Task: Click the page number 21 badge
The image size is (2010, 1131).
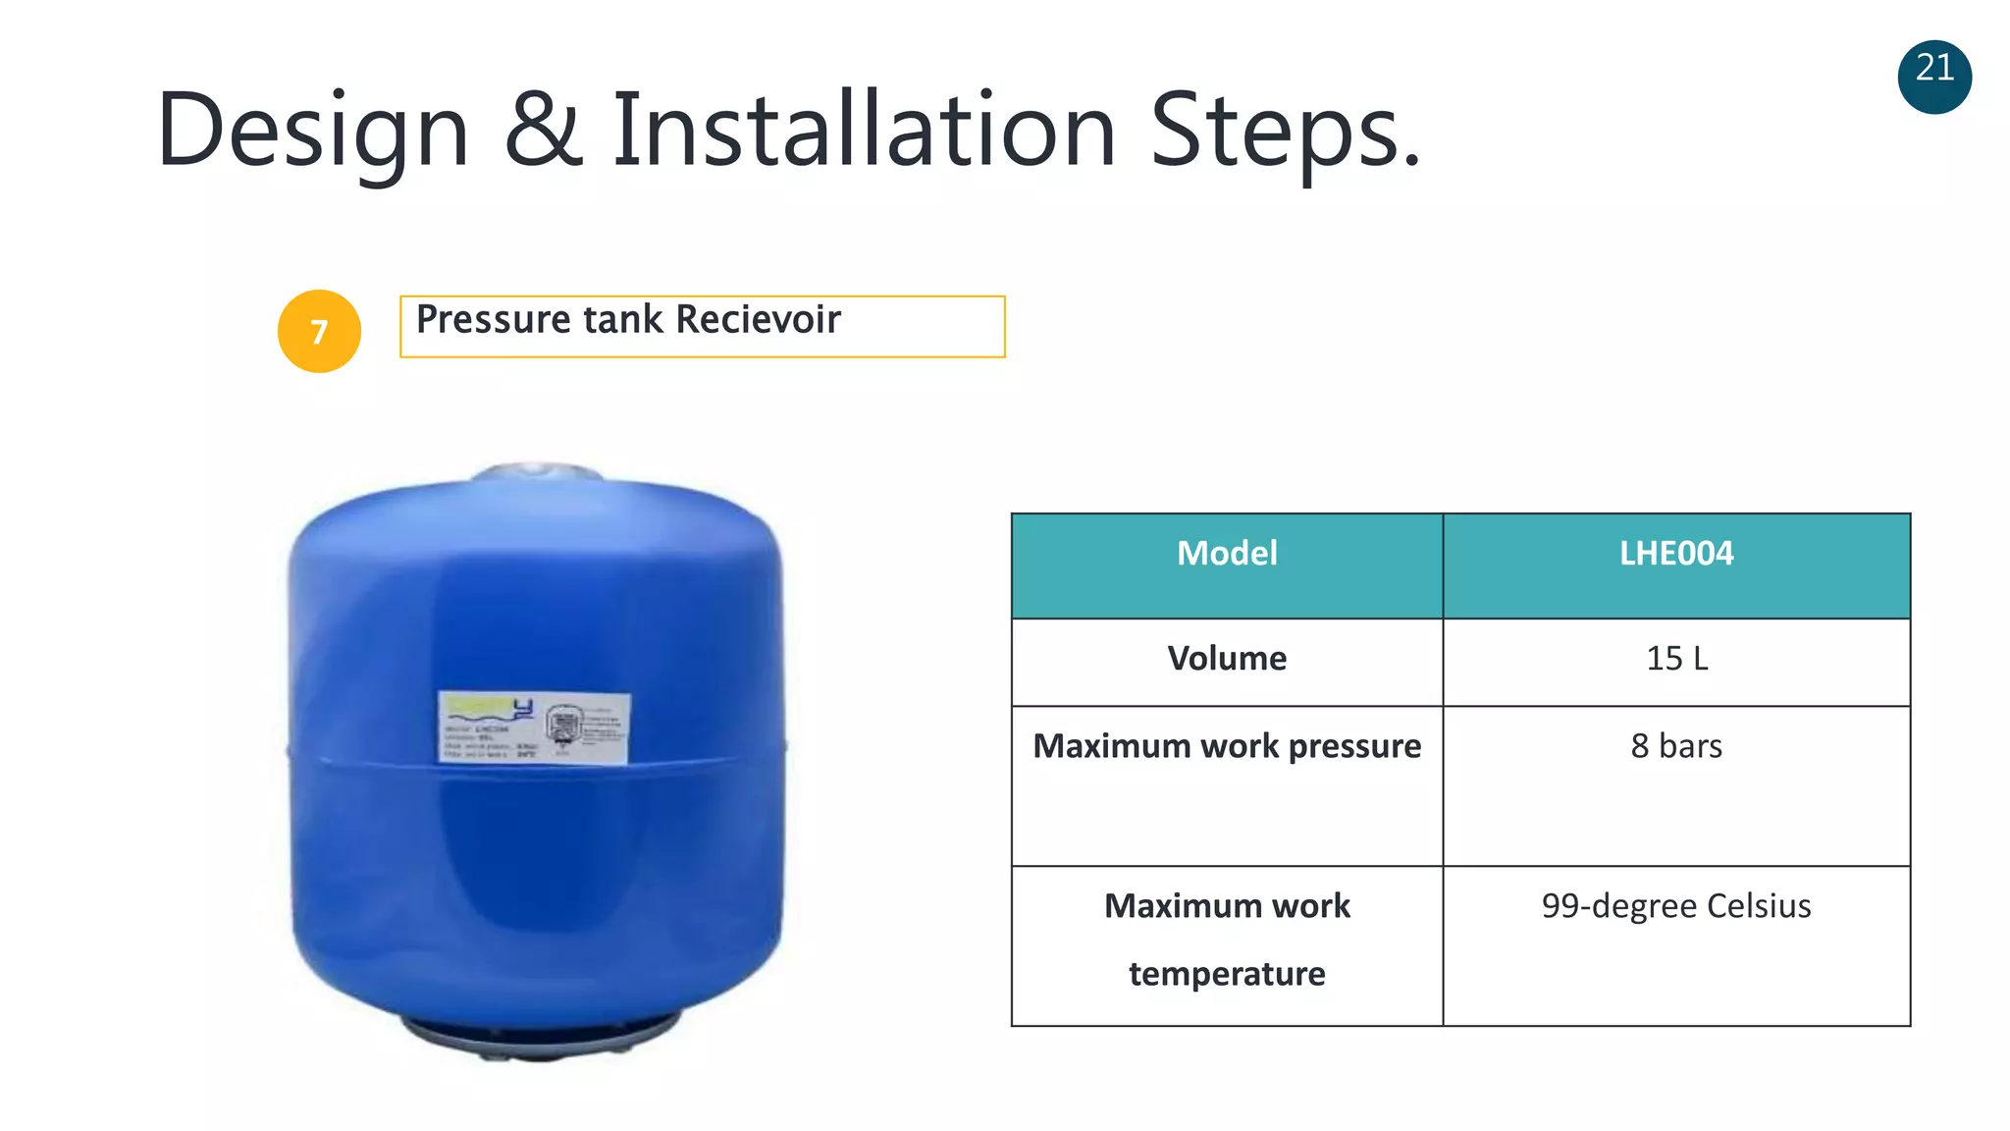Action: (1934, 77)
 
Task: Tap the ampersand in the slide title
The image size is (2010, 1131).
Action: (543, 129)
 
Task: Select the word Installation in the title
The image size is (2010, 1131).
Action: (864, 129)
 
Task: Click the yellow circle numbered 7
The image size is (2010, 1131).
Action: (319, 332)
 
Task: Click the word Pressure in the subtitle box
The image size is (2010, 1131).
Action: (493, 320)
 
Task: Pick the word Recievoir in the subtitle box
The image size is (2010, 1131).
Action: (758, 320)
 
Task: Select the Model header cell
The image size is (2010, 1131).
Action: (1227, 554)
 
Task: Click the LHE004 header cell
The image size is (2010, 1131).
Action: (1676, 554)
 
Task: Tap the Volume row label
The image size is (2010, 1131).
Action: (1227, 659)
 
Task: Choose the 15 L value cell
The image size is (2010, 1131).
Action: (1676, 659)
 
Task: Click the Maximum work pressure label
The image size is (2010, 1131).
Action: (1227, 747)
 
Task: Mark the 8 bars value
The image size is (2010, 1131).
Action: (1676, 747)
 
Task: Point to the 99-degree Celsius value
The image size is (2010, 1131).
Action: (1676, 906)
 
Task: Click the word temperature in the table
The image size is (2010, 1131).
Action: (1227, 974)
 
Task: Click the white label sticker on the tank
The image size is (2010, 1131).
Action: (533, 727)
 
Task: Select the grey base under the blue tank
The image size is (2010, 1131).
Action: (538, 1038)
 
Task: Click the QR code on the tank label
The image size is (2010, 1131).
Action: (562, 727)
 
